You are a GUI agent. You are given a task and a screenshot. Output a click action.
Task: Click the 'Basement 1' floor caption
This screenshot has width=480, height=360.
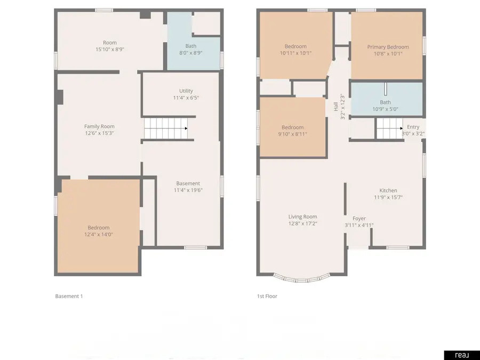click(69, 296)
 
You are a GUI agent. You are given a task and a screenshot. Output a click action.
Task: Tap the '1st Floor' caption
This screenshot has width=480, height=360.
click(267, 296)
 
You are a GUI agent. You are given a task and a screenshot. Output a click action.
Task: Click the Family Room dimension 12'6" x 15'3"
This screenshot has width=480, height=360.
click(99, 133)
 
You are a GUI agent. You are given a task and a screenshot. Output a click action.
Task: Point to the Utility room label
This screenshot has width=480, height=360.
click(186, 91)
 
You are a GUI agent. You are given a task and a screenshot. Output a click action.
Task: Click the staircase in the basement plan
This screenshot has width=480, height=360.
click(165, 129)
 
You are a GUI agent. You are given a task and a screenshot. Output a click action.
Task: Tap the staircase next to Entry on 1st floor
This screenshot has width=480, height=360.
click(389, 129)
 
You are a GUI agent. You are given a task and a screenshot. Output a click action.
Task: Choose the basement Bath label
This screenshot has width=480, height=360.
click(190, 46)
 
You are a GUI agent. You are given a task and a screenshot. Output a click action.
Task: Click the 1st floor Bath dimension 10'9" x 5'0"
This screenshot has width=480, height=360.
click(385, 109)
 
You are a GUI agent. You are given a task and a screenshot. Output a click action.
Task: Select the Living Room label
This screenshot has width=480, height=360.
click(302, 217)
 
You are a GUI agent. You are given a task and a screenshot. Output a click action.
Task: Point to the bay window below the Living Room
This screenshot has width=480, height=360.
click(302, 277)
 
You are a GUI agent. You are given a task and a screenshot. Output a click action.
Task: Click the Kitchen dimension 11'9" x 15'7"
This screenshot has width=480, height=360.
click(388, 197)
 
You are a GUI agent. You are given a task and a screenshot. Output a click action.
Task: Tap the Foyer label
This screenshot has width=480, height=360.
click(359, 218)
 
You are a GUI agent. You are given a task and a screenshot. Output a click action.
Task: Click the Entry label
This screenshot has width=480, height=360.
click(413, 127)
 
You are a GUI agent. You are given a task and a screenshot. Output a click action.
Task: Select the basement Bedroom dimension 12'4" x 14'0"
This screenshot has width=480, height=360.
click(99, 234)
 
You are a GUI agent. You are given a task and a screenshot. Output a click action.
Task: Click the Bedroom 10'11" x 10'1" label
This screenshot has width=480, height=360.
click(295, 46)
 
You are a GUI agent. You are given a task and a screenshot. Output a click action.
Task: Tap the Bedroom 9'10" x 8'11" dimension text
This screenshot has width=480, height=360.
click(292, 134)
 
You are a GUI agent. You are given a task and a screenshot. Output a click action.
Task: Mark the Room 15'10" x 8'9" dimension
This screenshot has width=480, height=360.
click(110, 49)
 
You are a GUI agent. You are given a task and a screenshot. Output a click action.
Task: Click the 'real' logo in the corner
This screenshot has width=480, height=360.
click(461, 355)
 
